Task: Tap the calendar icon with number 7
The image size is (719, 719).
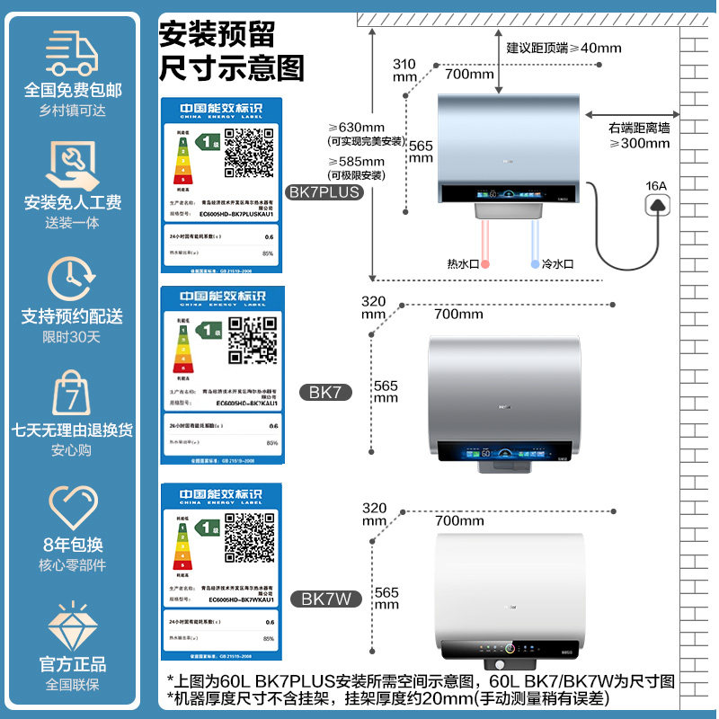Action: click(x=72, y=393)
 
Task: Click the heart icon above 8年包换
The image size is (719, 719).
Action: click(x=72, y=508)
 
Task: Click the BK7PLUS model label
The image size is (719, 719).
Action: click(x=323, y=191)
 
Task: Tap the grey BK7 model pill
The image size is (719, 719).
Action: click(x=324, y=392)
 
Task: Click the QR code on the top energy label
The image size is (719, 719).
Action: click(x=248, y=153)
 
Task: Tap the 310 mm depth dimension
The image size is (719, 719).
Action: click(x=404, y=70)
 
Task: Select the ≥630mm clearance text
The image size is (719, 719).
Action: click(x=356, y=127)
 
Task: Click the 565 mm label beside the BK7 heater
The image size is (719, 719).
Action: click(x=386, y=392)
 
